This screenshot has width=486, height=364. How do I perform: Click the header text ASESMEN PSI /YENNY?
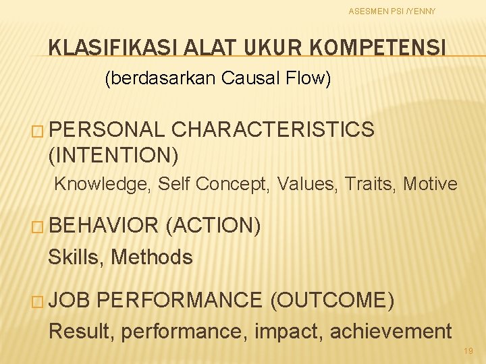point(392,11)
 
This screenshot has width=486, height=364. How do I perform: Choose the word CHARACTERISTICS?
point(273,129)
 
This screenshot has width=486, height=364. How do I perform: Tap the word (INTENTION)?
point(113,156)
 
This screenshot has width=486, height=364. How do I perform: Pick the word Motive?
point(430,184)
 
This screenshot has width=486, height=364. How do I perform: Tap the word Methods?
point(152,257)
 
